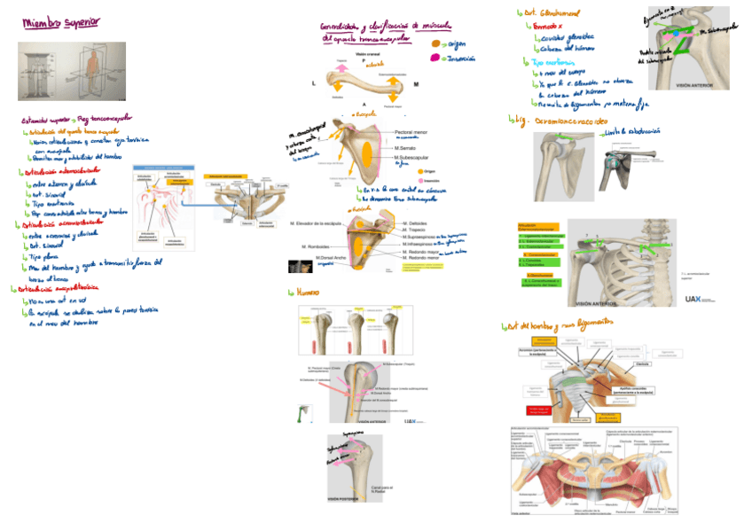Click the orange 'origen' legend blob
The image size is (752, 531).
tap(435, 43)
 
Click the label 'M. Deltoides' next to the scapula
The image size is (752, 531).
tap(417, 223)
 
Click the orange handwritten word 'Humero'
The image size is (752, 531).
tap(305, 292)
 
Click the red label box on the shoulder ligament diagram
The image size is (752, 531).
tap(541, 410)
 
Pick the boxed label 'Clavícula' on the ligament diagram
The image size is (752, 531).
tap(643, 363)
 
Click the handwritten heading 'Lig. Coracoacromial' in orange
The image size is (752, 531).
tap(568, 120)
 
